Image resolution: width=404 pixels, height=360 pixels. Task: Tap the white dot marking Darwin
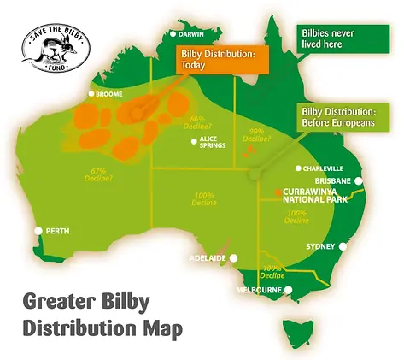click(173, 34)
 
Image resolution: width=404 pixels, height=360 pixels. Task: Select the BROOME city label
click(112, 94)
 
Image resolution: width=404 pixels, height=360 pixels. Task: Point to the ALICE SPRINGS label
click(213, 142)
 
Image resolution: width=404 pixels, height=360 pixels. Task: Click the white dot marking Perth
click(38, 231)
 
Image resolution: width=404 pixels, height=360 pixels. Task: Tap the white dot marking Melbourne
click(289, 290)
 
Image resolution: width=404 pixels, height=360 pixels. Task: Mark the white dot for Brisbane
click(360, 181)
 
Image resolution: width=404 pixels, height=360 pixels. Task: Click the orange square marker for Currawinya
click(278, 192)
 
